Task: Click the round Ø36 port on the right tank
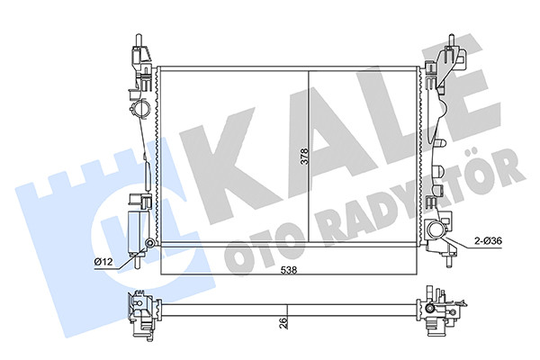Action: point(441,229)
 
